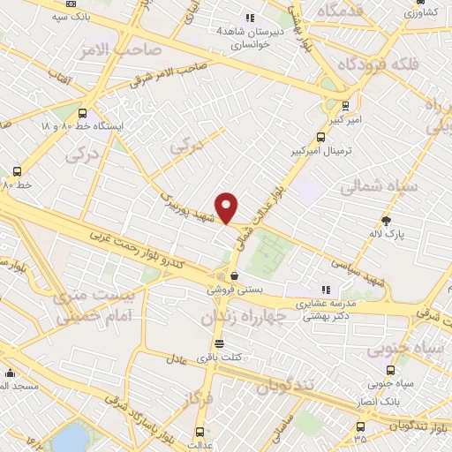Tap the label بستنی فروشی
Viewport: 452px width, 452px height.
(x=237, y=289)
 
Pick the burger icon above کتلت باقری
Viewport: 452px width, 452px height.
(x=219, y=343)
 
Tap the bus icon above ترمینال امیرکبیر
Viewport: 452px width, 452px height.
(x=320, y=137)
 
